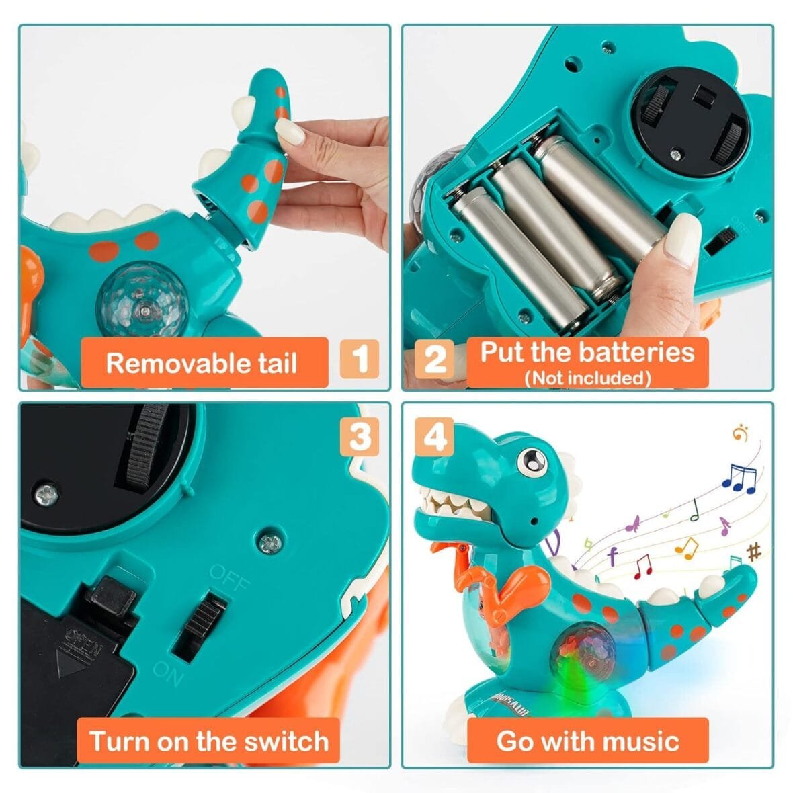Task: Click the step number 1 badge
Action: [x=360, y=358]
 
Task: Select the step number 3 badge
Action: [x=360, y=437]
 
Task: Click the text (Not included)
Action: [x=587, y=378]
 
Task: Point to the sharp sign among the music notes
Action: [x=754, y=552]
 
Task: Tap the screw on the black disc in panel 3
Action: [x=46, y=494]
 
